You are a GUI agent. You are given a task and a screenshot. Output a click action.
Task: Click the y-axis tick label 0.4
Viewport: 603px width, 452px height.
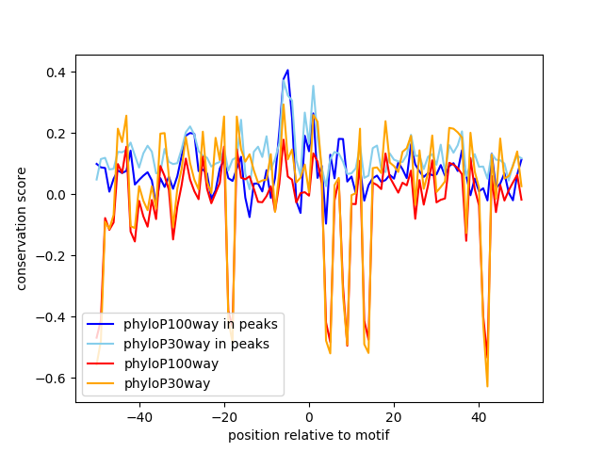[x=57, y=73]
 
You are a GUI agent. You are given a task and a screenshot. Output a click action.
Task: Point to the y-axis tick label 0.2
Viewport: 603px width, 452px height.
[x=57, y=134]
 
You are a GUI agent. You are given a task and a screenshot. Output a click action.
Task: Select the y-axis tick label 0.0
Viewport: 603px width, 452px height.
[x=57, y=195]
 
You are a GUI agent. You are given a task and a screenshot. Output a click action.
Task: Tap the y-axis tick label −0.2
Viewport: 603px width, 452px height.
[x=54, y=256]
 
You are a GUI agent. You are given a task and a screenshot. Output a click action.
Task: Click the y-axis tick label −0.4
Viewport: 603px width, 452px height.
[x=54, y=317]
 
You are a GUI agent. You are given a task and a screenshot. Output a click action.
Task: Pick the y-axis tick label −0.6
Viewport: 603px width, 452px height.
[x=54, y=379]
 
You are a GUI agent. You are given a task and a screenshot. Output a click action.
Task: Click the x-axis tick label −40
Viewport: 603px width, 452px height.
[x=139, y=416]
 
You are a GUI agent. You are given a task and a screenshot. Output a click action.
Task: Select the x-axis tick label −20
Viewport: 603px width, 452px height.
[x=223, y=416]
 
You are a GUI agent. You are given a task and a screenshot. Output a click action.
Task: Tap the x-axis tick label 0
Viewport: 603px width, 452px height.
[x=309, y=416]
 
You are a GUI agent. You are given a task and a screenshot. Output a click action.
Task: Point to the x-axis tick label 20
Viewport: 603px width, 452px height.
[x=394, y=416]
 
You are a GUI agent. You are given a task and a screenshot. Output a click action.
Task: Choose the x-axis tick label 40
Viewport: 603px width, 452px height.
[x=479, y=416]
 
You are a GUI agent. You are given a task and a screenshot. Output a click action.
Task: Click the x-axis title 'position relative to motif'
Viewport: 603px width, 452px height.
[x=309, y=435]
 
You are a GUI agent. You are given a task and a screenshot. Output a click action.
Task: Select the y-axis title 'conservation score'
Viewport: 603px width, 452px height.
[x=21, y=228]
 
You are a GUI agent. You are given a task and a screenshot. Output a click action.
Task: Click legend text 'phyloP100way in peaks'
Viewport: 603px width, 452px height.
[x=201, y=324]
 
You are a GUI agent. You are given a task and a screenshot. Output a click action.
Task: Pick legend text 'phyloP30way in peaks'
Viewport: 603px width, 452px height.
[x=197, y=344]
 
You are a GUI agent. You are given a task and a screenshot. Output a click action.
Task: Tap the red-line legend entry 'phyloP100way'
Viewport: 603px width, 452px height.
[x=171, y=363]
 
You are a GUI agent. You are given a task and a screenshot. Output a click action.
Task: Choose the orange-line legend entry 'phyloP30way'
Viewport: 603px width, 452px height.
[x=167, y=383]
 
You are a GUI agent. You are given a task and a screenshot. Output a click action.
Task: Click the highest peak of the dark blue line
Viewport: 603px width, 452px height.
[x=287, y=71]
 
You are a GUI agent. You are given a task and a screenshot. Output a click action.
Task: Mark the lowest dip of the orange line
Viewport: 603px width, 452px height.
[x=487, y=385]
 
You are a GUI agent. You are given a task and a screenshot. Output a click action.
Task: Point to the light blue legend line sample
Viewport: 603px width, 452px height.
[x=103, y=344]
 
